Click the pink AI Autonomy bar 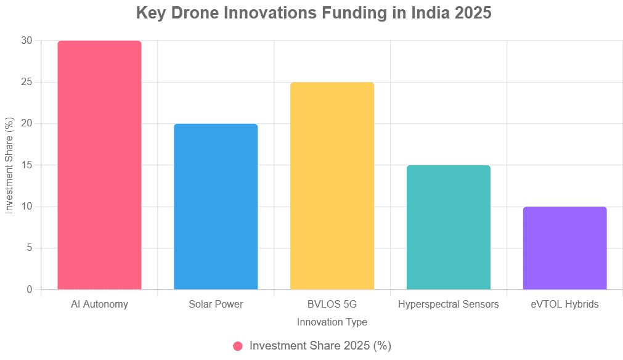99,165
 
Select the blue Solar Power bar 216,207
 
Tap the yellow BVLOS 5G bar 332,186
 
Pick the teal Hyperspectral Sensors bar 449,227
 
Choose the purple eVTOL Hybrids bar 564,248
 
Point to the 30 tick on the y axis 26,41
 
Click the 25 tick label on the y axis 26,82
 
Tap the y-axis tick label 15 26,165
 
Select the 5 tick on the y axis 29,248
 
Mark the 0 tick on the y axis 29,290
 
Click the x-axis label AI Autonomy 99,305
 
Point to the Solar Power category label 216,305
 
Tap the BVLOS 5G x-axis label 332,305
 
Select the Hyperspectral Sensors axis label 449,305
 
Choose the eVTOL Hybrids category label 564,305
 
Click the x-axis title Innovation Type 332,322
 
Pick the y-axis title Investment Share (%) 9,165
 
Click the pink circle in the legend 238,346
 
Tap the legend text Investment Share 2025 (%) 320,346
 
